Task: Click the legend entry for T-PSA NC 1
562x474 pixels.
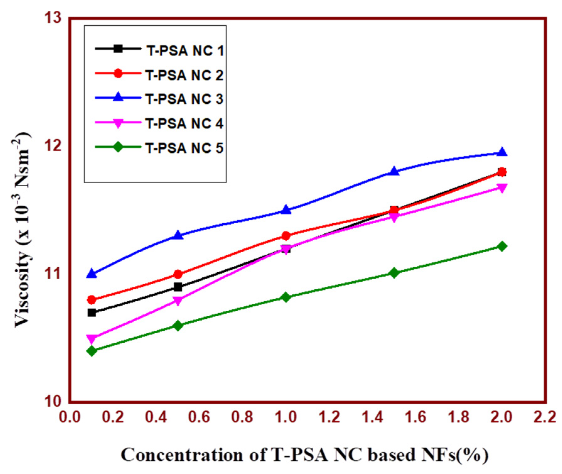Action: click(x=185, y=51)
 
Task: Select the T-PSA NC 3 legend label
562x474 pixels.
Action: click(x=184, y=99)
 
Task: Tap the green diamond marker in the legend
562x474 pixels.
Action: click(x=118, y=147)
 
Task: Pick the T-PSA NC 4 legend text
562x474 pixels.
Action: click(x=184, y=124)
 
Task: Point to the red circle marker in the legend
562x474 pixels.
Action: click(x=118, y=74)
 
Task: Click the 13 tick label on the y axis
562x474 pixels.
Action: click(x=53, y=18)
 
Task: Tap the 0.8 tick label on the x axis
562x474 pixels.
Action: click(x=242, y=417)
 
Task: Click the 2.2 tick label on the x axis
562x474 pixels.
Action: click(x=545, y=417)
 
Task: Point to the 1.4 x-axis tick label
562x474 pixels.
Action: click(x=372, y=417)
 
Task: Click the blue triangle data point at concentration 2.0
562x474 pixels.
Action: click(x=502, y=152)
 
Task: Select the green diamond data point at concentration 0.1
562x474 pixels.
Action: click(x=92, y=351)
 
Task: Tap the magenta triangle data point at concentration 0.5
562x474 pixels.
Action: click(x=178, y=301)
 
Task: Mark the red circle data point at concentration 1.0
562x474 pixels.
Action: click(x=286, y=236)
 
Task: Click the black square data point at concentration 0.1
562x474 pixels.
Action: click(x=92, y=313)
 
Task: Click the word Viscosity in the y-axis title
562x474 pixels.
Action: click(x=22, y=289)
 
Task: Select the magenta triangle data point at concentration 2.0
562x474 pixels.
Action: click(x=502, y=188)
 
